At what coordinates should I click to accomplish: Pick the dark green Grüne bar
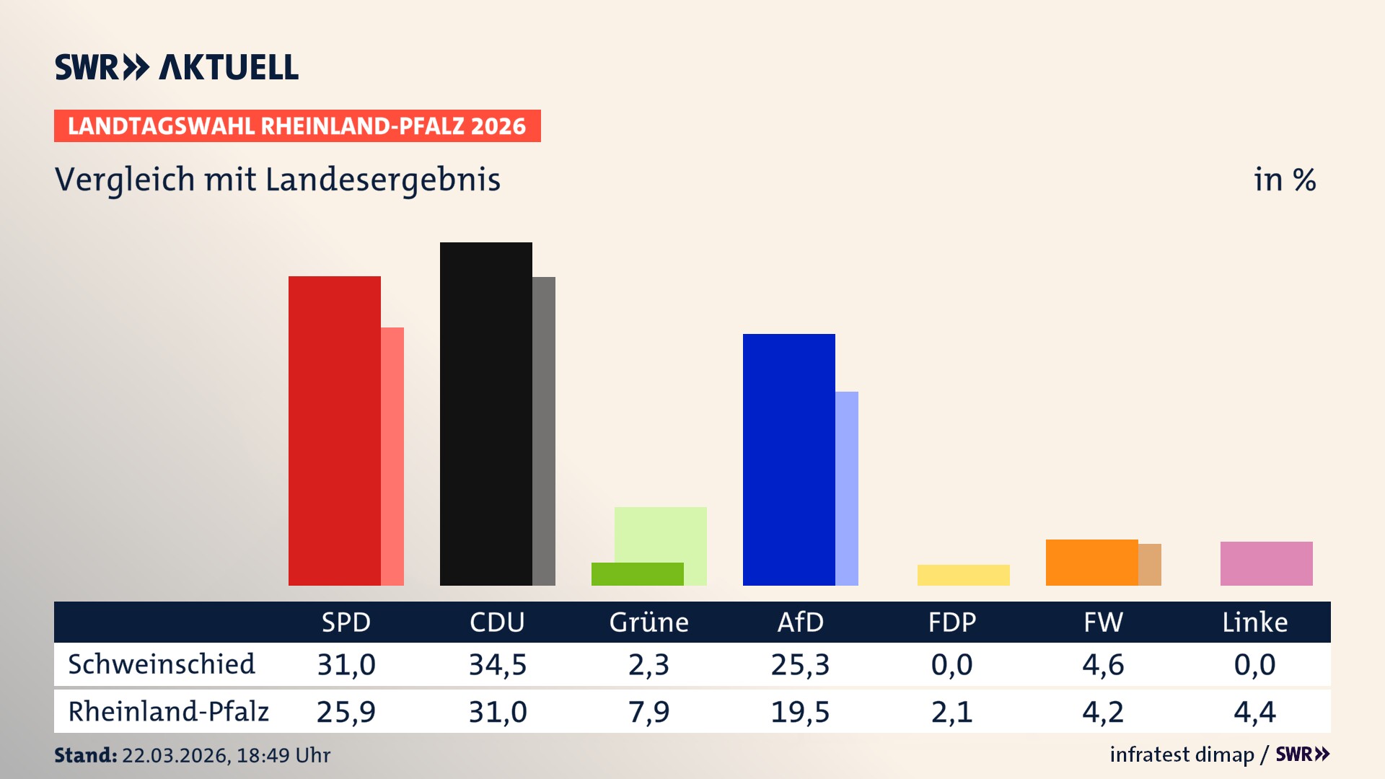(x=637, y=574)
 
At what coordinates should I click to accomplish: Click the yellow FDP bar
(x=963, y=575)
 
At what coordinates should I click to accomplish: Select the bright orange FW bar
(x=1091, y=563)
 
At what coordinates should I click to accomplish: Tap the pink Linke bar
(x=1266, y=563)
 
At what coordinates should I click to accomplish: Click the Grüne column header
(x=648, y=622)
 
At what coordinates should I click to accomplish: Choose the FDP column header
(x=951, y=622)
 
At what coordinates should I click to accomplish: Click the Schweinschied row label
(x=162, y=664)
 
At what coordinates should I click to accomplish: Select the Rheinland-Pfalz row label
(x=168, y=712)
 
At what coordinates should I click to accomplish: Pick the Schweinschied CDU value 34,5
(x=498, y=664)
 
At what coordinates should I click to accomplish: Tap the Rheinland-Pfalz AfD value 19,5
(x=800, y=712)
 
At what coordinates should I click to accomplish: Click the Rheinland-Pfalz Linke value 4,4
(x=1254, y=712)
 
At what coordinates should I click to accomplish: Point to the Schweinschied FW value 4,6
(x=1103, y=664)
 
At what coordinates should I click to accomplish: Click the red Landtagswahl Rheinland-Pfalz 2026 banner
(x=297, y=126)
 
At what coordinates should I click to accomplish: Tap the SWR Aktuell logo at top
(x=177, y=67)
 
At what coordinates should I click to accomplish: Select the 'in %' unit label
(x=1284, y=180)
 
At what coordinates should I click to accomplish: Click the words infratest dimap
(x=1182, y=754)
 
